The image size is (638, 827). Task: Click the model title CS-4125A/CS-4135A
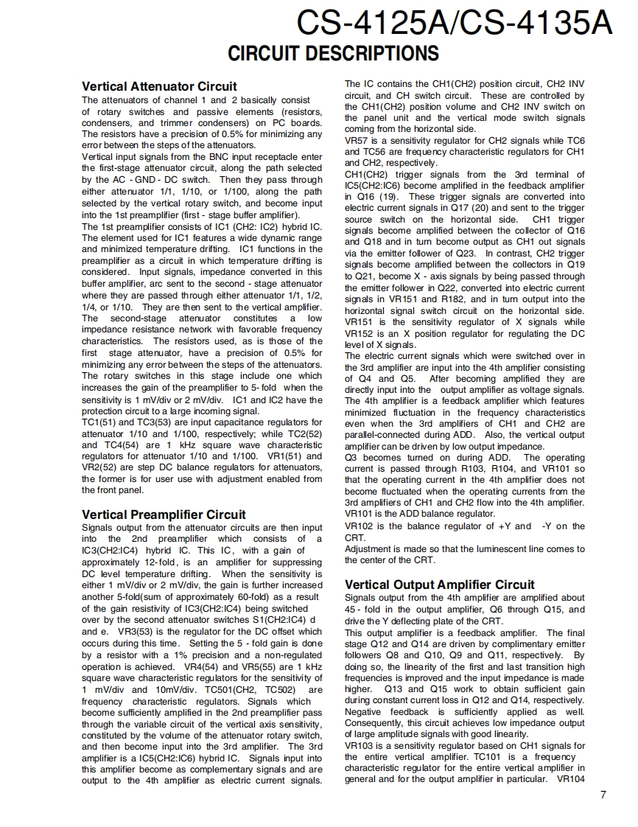[x=454, y=24]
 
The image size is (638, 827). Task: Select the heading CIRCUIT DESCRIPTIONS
[x=333, y=54]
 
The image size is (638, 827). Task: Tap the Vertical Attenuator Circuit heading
[x=159, y=86]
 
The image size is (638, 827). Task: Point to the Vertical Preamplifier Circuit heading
[x=164, y=514]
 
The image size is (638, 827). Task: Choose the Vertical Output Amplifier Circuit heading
[x=440, y=585]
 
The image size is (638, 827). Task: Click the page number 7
[x=603, y=794]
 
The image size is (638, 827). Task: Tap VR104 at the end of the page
[x=570, y=780]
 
